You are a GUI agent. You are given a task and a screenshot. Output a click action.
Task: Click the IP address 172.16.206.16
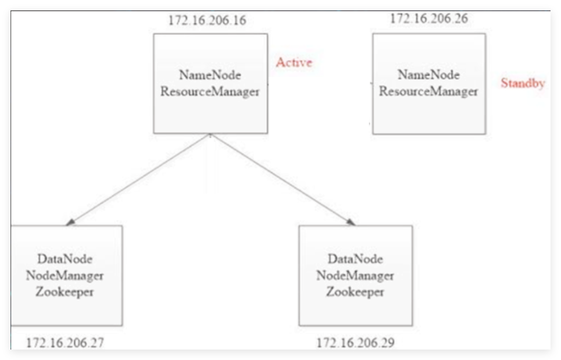[207, 20]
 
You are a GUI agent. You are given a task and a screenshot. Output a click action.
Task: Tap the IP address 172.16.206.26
[428, 18]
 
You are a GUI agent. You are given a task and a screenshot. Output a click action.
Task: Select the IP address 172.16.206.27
[65, 343]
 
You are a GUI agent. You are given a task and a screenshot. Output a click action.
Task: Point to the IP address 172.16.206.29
[356, 343]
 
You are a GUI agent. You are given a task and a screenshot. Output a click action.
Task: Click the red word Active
[294, 62]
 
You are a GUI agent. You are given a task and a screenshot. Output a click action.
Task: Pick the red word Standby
[523, 83]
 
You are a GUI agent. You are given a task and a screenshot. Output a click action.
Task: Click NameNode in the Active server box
[210, 75]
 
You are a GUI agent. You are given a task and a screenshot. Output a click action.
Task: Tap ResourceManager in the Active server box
[210, 91]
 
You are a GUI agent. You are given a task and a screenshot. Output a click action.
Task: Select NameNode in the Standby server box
[428, 74]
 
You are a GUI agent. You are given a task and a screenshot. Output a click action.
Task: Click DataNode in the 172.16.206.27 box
[65, 259]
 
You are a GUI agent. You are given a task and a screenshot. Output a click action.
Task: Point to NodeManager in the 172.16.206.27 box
[65, 275]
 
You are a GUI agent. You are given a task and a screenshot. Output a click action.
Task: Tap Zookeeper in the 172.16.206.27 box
[65, 291]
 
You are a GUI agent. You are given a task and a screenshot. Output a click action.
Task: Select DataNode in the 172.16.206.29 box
[355, 259]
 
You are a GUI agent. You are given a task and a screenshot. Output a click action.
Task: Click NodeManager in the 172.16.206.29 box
[355, 275]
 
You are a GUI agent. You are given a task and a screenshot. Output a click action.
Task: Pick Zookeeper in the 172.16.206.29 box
[355, 291]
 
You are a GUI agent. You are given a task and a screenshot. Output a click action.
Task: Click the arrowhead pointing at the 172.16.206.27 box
[70, 222]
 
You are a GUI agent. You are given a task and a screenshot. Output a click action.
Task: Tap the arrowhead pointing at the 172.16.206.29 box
[351, 222]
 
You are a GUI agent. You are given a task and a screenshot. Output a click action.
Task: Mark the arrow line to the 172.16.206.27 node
[138, 179]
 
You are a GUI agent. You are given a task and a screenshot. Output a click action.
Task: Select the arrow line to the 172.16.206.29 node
[283, 179]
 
